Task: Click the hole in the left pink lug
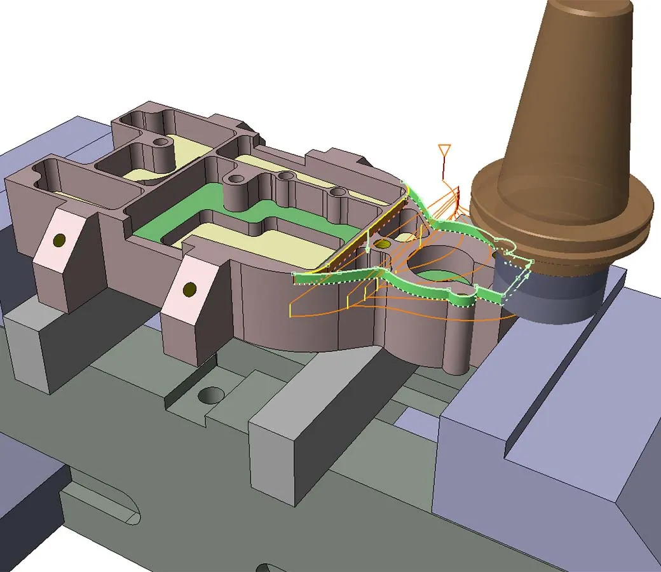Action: [60, 240]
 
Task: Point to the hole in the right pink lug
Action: [189, 290]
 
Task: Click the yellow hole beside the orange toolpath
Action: [382, 243]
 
